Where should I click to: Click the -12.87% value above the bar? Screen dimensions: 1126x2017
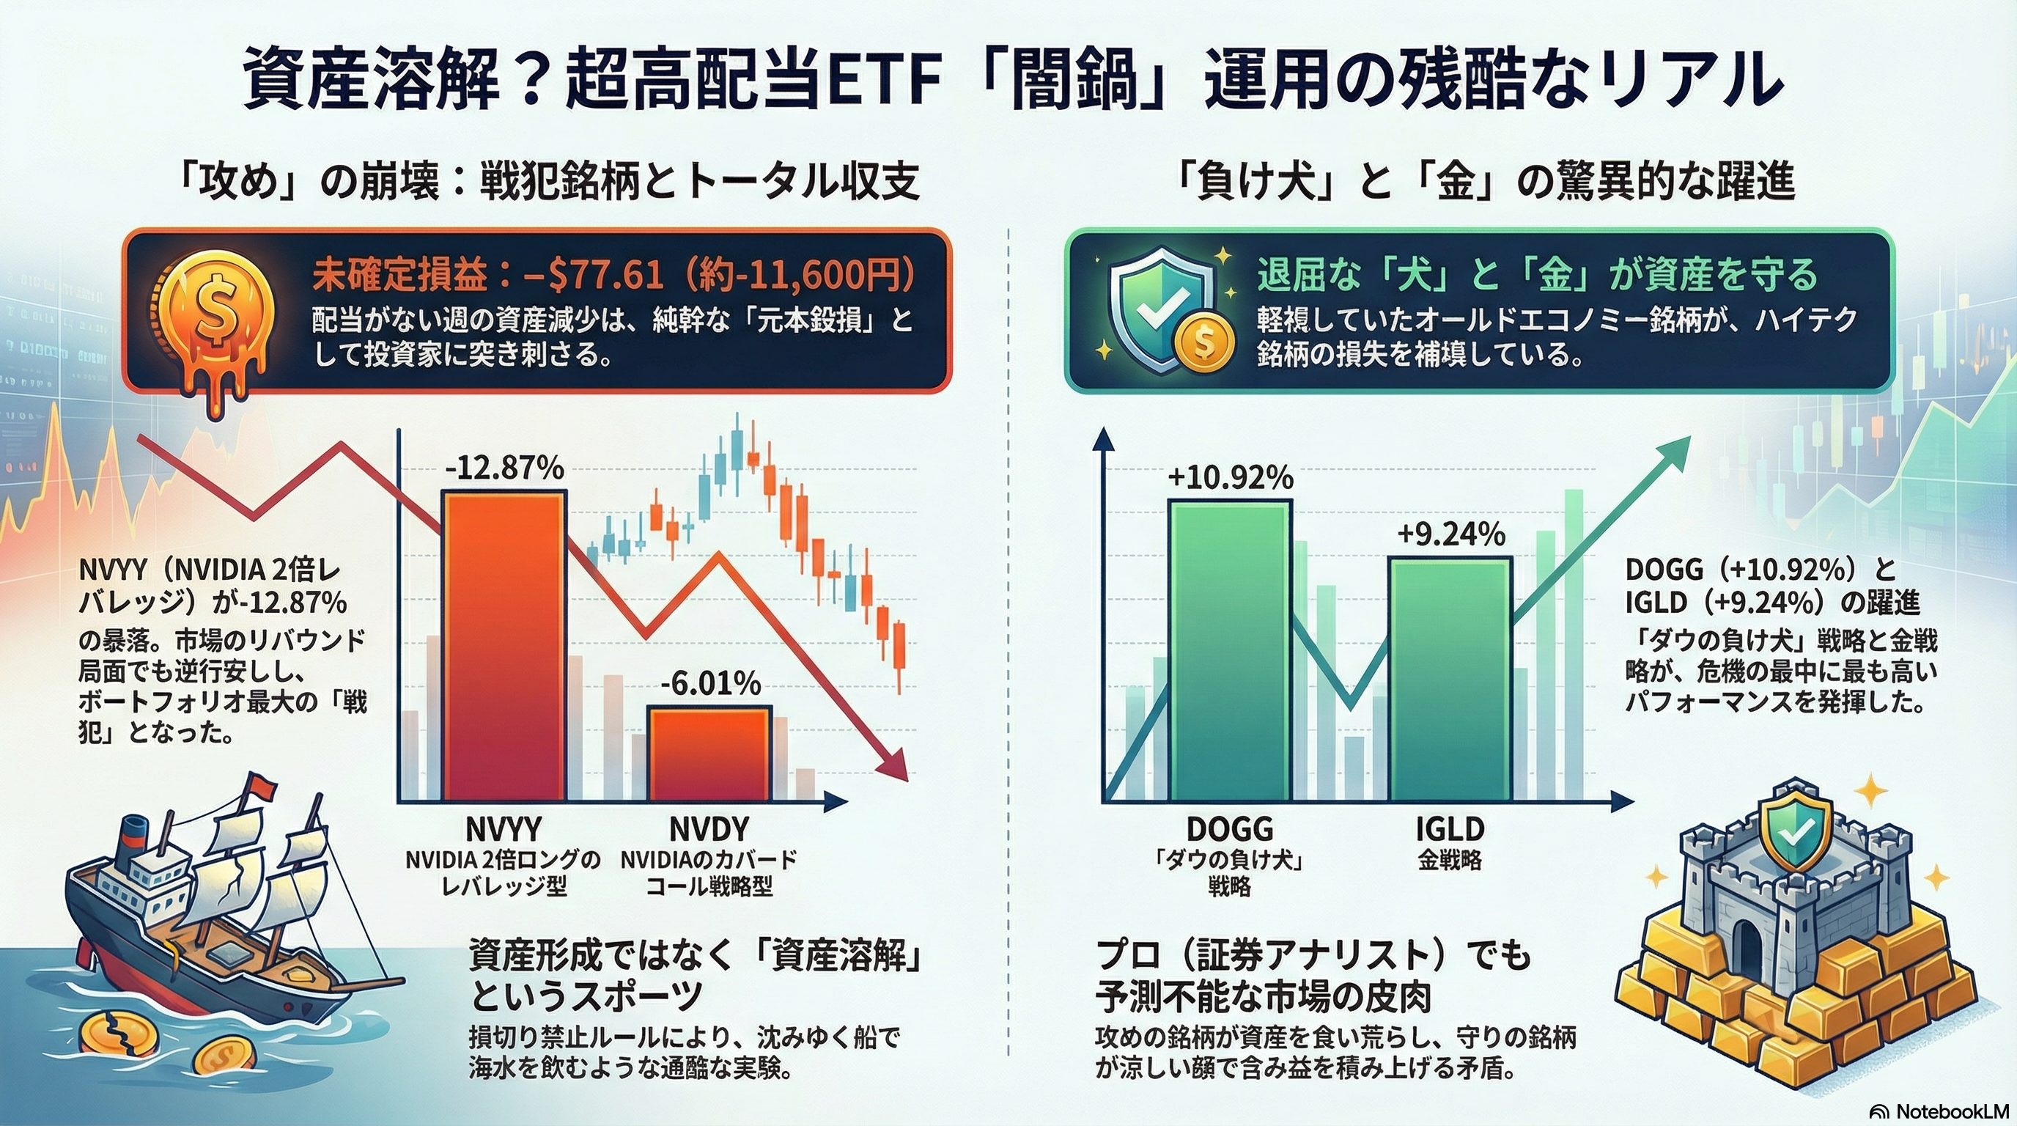[x=504, y=468]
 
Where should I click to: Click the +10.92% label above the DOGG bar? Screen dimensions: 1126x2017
[x=1230, y=478]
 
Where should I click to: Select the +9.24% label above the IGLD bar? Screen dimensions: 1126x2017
[x=1451, y=535]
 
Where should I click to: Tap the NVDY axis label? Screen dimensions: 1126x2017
[x=709, y=828]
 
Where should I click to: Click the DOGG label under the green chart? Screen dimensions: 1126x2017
[x=1229, y=828]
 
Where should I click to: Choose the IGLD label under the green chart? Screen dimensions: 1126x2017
[x=1450, y=828]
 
